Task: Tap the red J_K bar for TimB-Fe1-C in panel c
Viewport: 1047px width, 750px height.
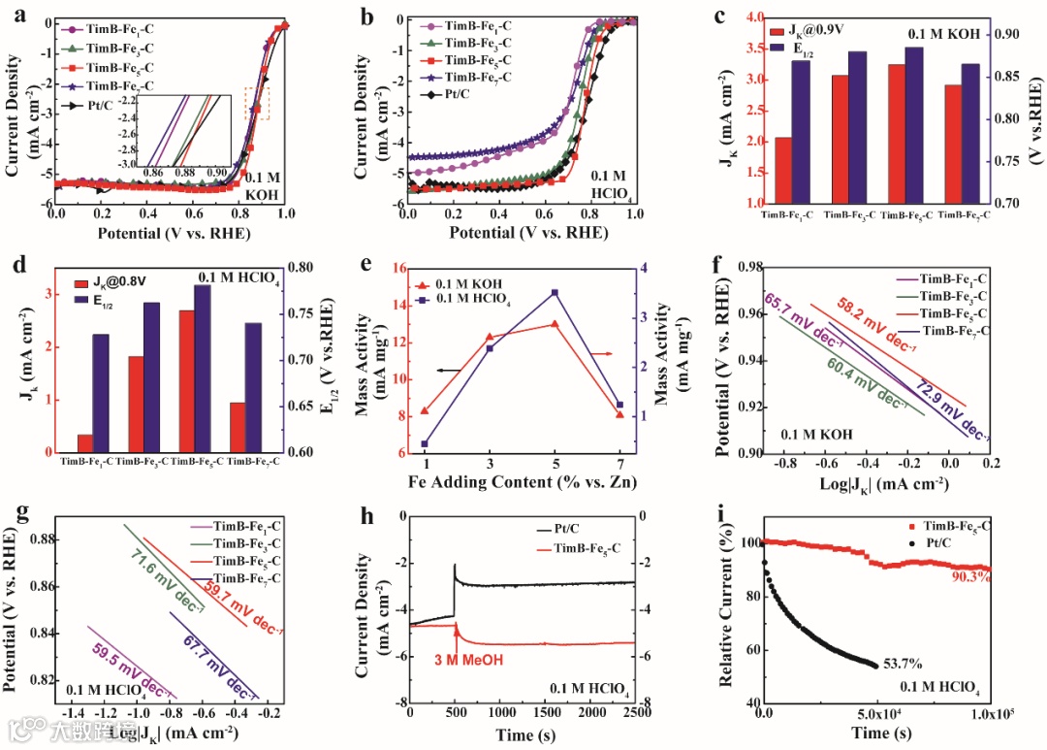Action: tap(782, 170)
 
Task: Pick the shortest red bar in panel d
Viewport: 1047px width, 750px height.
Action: tap(85, 442)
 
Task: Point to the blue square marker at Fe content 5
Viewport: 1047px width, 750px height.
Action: tap(555, 292)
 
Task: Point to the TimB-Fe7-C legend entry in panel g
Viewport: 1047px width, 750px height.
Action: tap(246, 578)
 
